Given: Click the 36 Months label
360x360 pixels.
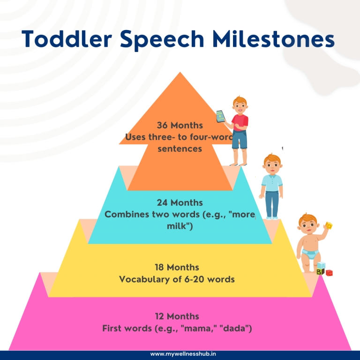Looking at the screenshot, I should [180, 126].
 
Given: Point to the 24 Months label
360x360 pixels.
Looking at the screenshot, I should [180, 203].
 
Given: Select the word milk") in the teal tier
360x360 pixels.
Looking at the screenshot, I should [180, 226].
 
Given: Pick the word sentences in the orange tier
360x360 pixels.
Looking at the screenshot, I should [180, 149].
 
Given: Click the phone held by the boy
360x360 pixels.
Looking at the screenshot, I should [220, 116].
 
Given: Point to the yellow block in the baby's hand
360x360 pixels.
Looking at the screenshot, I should [329, 226].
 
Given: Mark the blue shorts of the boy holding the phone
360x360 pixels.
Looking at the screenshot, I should [239, 140].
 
